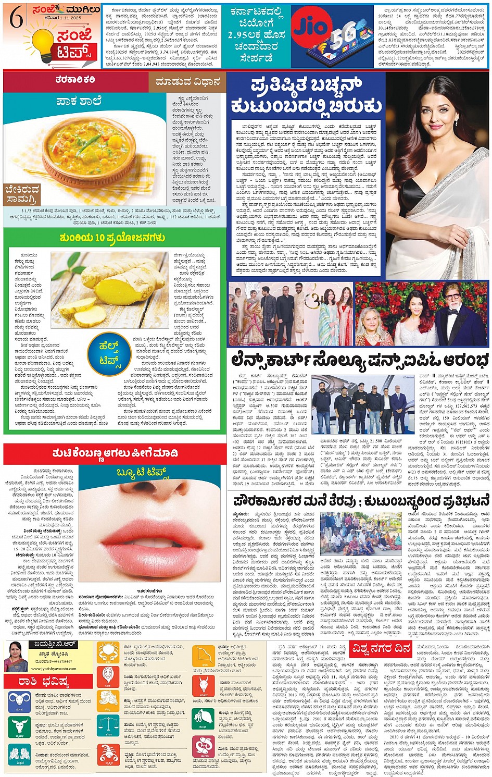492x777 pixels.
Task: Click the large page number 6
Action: click(17, 19)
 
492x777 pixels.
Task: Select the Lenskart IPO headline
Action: click(360, 360)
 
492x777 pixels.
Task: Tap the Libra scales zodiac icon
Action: click(108, 725)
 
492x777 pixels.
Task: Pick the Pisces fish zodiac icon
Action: click(203, 747)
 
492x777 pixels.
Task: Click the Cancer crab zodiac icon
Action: click(108, 652)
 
